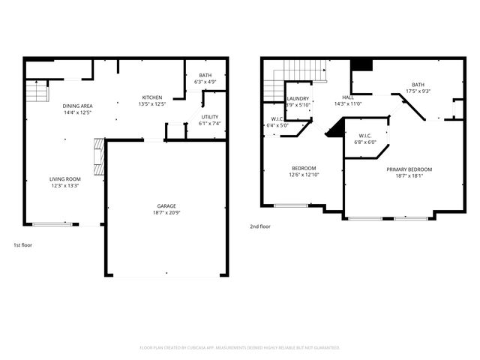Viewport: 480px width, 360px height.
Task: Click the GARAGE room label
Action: (x=166, y=205)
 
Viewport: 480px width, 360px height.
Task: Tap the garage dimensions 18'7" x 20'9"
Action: (x=166, y=213)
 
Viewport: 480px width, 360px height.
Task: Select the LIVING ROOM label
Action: (x=65, y=178)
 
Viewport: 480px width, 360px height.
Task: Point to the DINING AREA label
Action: (x=77, y=106)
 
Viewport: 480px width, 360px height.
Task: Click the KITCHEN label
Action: (x=152, y=97)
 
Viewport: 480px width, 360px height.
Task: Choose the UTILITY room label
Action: (x=210, y=117)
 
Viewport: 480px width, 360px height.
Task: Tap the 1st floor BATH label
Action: (x=205, y=75)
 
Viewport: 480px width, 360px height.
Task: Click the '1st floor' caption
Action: (x=22, y=244)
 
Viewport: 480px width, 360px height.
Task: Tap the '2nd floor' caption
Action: (x=259, y=226)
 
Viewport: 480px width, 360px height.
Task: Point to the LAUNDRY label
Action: (x=298, y=98)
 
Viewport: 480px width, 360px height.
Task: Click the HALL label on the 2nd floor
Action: (x=348, y=97)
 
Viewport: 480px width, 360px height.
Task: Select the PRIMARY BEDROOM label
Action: (x=409, y=169)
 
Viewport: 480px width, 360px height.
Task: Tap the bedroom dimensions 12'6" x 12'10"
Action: (x=304, y=175)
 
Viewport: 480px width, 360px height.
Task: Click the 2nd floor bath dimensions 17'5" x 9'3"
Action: (x=418, y=91)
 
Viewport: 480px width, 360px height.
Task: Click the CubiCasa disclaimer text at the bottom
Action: (x=240, y=347)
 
